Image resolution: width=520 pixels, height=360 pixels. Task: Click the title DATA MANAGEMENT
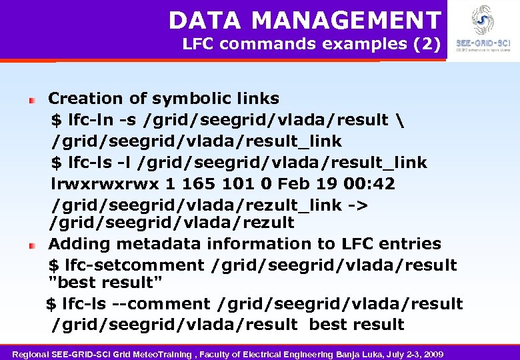[305, 21]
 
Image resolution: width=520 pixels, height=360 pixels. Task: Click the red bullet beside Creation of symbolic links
[31, 99]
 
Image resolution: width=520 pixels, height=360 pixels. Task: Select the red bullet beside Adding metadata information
[31, 245]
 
